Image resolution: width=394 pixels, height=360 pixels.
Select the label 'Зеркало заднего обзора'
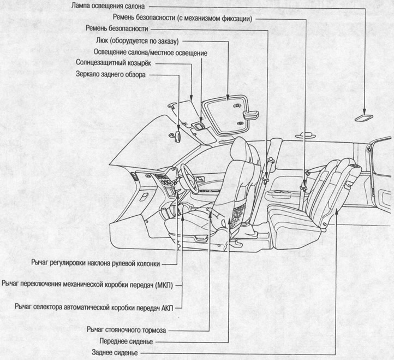point(110,74)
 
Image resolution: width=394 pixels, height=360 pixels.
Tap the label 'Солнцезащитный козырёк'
point(112,63)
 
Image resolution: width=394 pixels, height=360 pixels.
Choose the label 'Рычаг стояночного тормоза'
point(127,330)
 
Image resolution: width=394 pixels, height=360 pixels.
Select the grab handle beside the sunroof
point(252,114)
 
